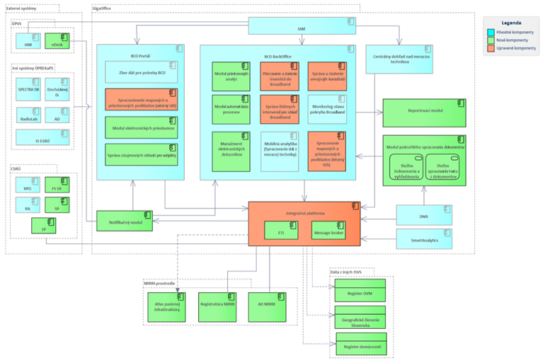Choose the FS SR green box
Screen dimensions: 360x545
tap(57, 185)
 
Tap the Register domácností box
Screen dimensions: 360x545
tap(360, 346)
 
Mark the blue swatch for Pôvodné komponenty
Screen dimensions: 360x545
tap(491, 32)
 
